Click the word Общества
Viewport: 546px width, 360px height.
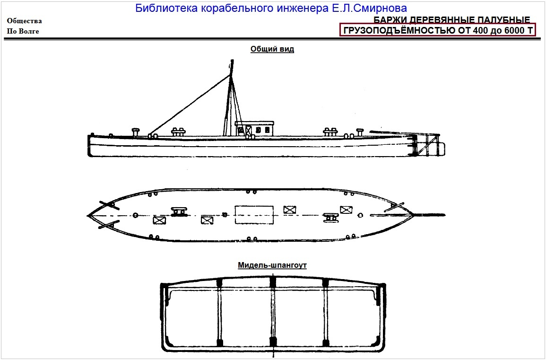[x=24, y=21]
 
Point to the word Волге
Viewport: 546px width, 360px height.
[x=29, y=32]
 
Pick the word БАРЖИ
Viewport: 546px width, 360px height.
[x=389, y=20]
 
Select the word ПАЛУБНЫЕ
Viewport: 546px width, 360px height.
[x=505, y=20]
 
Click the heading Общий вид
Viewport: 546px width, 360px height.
[x=272, y=49]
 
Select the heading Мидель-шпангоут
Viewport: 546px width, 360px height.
[x=272, y=265]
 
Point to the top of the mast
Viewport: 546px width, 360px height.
[x=232, y=61]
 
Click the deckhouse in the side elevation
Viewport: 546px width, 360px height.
[x=255, y=128]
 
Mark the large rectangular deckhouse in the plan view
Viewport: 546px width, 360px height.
[x=254, y=215]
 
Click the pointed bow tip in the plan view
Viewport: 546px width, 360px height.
[x=88, y=215]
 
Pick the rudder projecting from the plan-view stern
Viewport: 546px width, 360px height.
[x=430, y=214]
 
